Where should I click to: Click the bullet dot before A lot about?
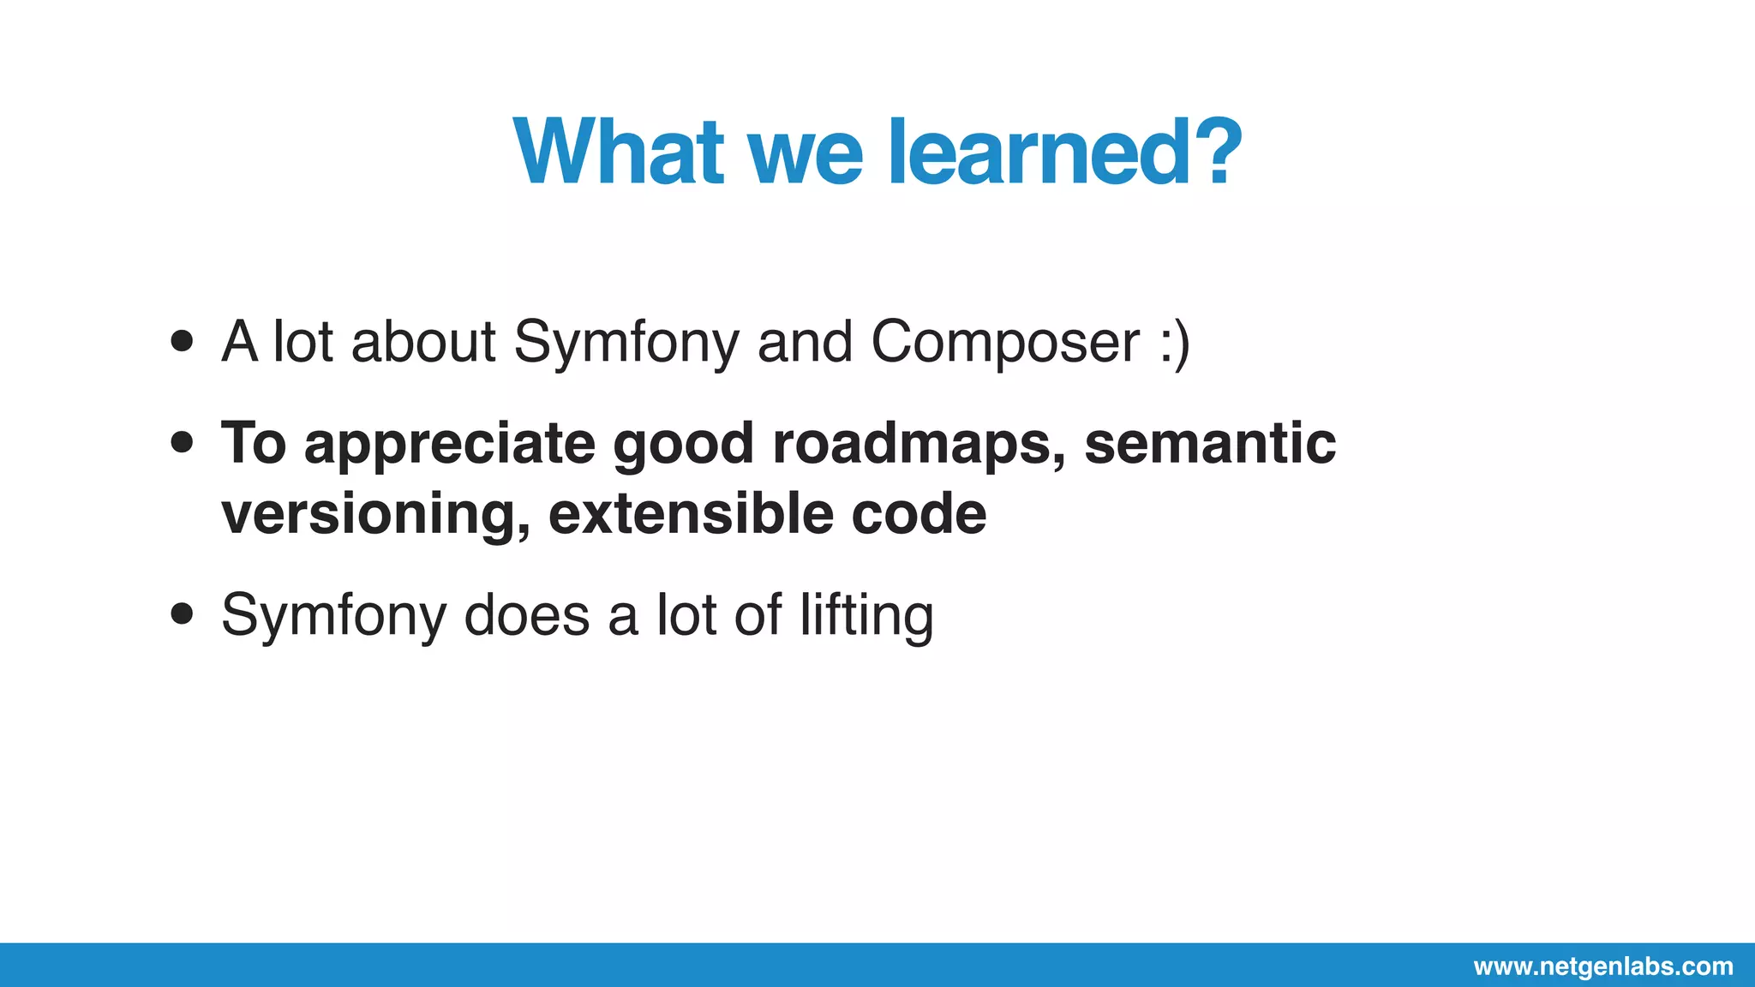[x=182, y=342]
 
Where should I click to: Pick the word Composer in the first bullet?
[x=1005, y=342]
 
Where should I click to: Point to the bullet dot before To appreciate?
[x=182, y=443]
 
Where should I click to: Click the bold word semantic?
[x=1209, y=444]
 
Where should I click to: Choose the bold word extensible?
[x=691, y=514]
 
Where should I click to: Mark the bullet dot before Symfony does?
[x=182, y=614]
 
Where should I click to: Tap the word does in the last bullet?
[x=526, y=615]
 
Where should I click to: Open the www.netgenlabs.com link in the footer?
[x=1603, y=966]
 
